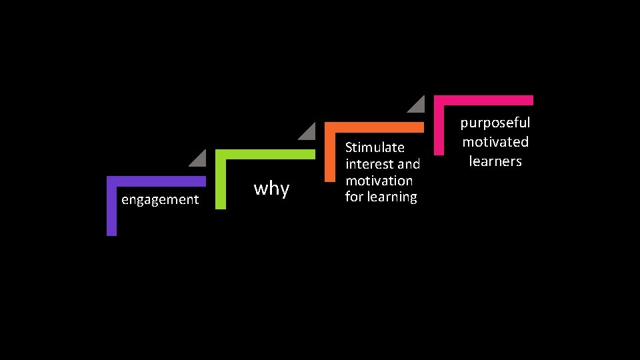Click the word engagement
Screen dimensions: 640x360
click(x=160, y=199)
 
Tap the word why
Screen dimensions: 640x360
click(x=271, y=189)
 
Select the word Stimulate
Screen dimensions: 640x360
click(x=375, y=147)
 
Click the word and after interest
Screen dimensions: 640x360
click(x=408, y=164)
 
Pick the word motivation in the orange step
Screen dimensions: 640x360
click(x=379, y=181)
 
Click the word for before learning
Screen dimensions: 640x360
click(x=354, y=197)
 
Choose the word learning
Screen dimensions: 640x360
click(x=391, y=197)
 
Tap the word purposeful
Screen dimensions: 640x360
click(x=495, y=123)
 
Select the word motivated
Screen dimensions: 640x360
click(x=495, y=142)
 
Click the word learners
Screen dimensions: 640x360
click(x=495, y=161)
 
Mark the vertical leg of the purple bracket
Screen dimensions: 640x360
click(x=111, y=210)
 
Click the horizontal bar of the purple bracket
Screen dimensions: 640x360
click(x=157, y=181)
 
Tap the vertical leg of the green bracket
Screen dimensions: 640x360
click(x=220, y=183)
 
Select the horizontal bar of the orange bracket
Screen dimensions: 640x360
click(x=374, y=127)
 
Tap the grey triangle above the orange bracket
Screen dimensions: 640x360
click(x=417, y=105)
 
